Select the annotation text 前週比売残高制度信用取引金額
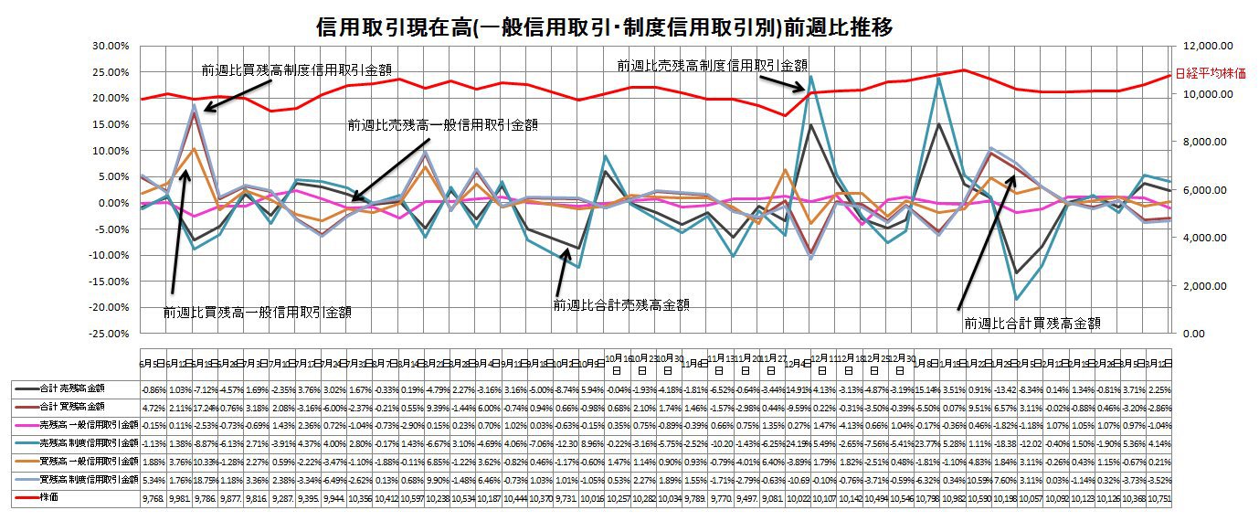(713, 66)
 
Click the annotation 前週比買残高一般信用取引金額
(258, 312)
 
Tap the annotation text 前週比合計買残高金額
(1032, 322)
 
